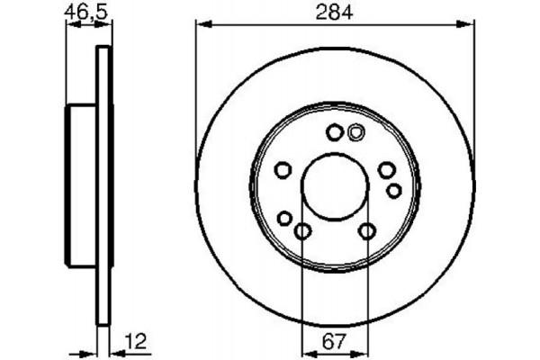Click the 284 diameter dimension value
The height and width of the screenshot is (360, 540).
pyautogui.click(x=334, y=12)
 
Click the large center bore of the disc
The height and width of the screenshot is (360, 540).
pyautogui.click(x=334, y=186)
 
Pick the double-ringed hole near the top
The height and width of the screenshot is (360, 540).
pyautogui.click(x=355, y=132)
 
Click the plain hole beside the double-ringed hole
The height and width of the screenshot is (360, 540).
pyautogui.click(x=334, y=133)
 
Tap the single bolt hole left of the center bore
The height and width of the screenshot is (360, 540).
pyautogui.click(x=282, y=170)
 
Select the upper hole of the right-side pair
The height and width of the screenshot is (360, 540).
pyautogui.click(x=386, y=170)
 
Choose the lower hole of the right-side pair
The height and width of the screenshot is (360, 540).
pyautogui.click(x=393, y=190)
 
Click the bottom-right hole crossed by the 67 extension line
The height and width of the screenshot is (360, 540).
pyautogui.click(x=366, y=232)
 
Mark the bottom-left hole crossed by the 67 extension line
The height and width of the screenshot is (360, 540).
pyautogui.click(x=302, y=232)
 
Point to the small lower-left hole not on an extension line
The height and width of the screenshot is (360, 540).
pyautogui.click(x=284, y=218)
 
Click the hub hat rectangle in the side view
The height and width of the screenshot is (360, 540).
pyautogui.click(x=82, y=186)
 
